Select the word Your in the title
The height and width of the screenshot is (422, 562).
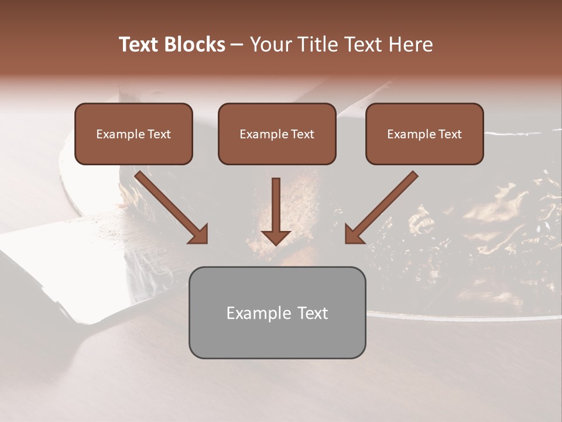(271, 45)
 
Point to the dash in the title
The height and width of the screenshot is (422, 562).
(237, 45)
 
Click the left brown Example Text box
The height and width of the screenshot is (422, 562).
(133, 134)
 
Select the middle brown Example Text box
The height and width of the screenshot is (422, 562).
(277, 134)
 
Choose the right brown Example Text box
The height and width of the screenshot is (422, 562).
(424, 134)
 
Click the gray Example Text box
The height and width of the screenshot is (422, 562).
(277, 312)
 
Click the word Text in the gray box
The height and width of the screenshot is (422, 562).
(312, 313)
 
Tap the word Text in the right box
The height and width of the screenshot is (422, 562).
(450, 134)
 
